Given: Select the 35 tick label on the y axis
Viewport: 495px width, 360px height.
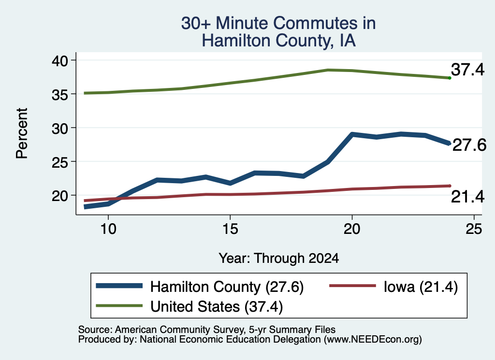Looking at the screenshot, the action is (60, 94).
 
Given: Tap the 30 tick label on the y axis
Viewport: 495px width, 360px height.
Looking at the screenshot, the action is (60, 128).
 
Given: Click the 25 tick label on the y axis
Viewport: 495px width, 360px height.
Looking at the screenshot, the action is (60, 161).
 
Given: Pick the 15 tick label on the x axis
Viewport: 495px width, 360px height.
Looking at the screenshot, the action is (230, 229).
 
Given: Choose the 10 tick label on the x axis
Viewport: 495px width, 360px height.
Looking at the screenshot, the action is (108, 229).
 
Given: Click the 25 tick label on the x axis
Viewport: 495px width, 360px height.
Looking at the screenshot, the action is (474, 229).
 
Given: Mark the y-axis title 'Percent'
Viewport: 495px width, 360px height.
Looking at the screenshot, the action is (22, 133).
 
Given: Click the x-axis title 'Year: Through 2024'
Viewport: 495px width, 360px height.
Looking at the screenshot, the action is (279, 258).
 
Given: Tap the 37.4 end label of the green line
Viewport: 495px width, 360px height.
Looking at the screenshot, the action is (467, 70).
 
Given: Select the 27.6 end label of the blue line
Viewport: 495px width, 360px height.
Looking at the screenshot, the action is (469, 145).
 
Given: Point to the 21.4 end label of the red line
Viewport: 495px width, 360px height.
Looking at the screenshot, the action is (467, 197).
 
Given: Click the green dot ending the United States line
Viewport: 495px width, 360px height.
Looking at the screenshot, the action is (450, 78).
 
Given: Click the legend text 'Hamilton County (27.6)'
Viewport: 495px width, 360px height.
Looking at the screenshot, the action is (227, 287).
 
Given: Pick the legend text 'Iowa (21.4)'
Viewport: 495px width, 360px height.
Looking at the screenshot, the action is (421, 287).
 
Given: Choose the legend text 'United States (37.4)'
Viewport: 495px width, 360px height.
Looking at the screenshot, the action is (217, 307).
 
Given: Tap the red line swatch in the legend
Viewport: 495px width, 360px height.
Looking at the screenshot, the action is (352, 286).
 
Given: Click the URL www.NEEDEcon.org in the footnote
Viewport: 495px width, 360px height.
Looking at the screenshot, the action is (373, 340).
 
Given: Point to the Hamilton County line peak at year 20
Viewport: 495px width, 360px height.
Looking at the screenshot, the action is (352, 134).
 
